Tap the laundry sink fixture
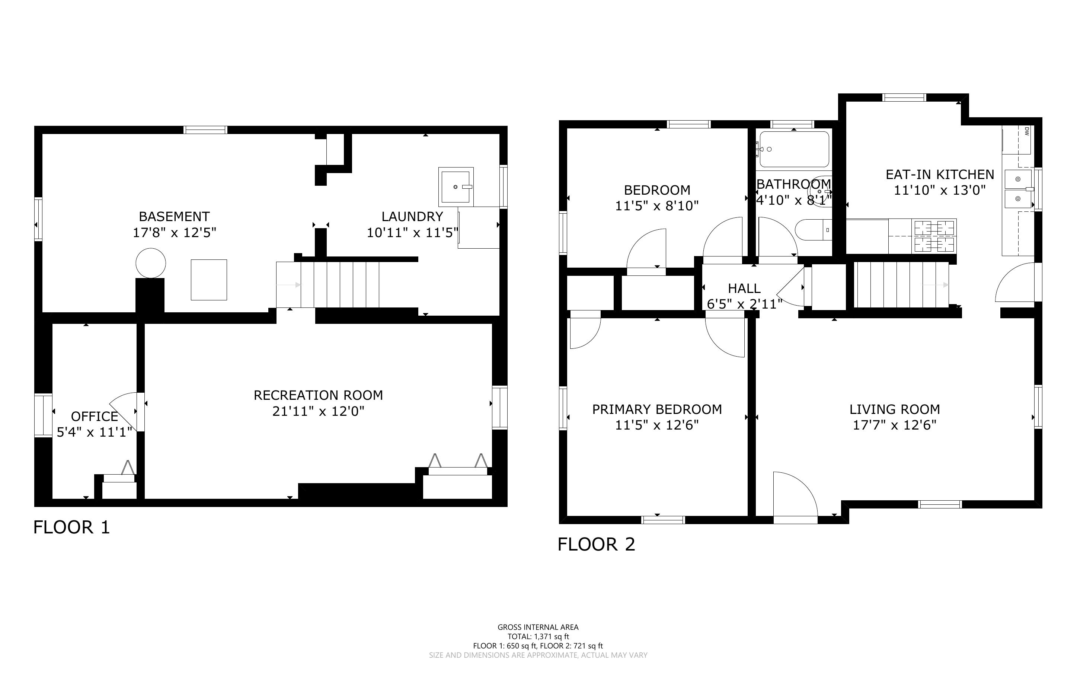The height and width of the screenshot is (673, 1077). pyautogui.click(x=456, y=187)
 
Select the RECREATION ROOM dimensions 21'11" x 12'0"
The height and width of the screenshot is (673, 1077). pyautogui.click(x=318, y=411)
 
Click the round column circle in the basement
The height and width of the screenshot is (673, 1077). pyautogui.click(x=151, y=264)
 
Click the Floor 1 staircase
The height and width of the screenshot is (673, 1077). pyautogui.click(x=328, y=284)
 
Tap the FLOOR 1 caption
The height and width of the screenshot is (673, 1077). pyautogui.click(x=71, y=527)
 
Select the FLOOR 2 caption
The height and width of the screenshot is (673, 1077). pyautogui.click(x=596, y=544)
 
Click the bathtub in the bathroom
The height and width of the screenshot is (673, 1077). pyautogui.click(x=794, y=149)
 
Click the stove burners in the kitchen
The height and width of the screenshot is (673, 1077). pyautogui.click(x=934, y=236)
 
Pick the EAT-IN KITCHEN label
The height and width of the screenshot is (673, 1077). pyautogui.click(x=940, y=175)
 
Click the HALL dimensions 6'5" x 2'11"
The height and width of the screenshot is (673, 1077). pyautogui.click(x=744, y=304)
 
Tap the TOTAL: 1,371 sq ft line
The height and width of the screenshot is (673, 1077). pyautogui.click(x=538, y=637)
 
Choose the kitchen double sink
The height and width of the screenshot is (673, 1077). pyautogui.click(x=1018, y=189)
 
